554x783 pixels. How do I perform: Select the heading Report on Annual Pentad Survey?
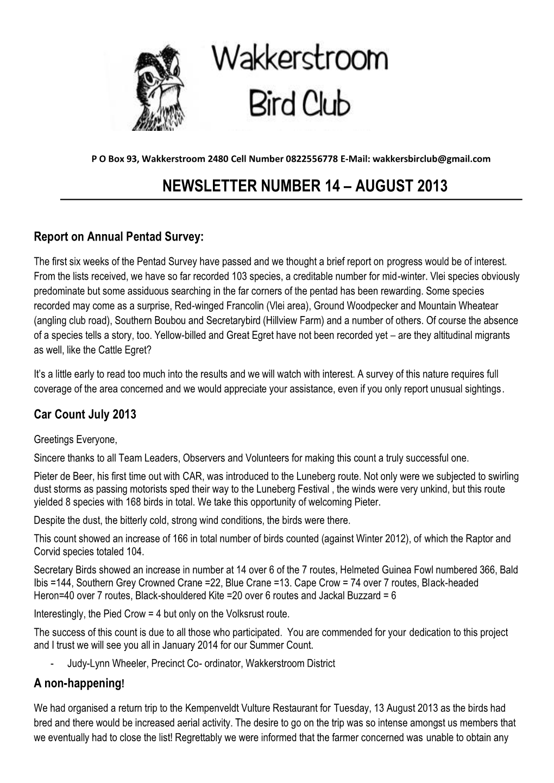(118, 237)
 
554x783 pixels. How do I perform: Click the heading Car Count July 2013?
(85, 415)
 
